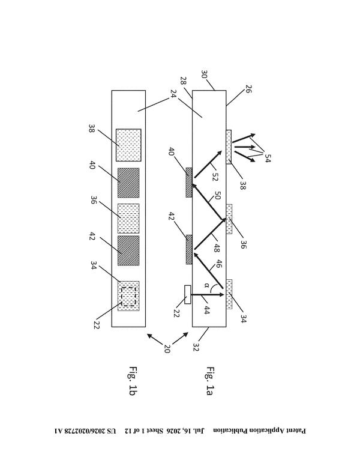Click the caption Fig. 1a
pos(210,381)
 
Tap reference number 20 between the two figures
pos(167,348)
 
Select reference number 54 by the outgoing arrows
pos(268,158)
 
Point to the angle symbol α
pos(207,286)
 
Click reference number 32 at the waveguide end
pos(196,347)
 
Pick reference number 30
pos(204,74)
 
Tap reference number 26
pos(248,89)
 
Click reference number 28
pos(183,81)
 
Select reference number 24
pos(173,94)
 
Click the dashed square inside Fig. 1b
pos(128,296)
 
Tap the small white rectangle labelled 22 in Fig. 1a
pos(187,294)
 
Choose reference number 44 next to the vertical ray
pos(207,310)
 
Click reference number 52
pos(215,177)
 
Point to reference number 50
pos(218,196)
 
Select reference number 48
pos(217,248)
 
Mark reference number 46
pos(218,264)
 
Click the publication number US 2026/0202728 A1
pos(85,431)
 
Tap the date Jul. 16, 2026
pos(186,431)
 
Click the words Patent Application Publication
pos(260,431)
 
